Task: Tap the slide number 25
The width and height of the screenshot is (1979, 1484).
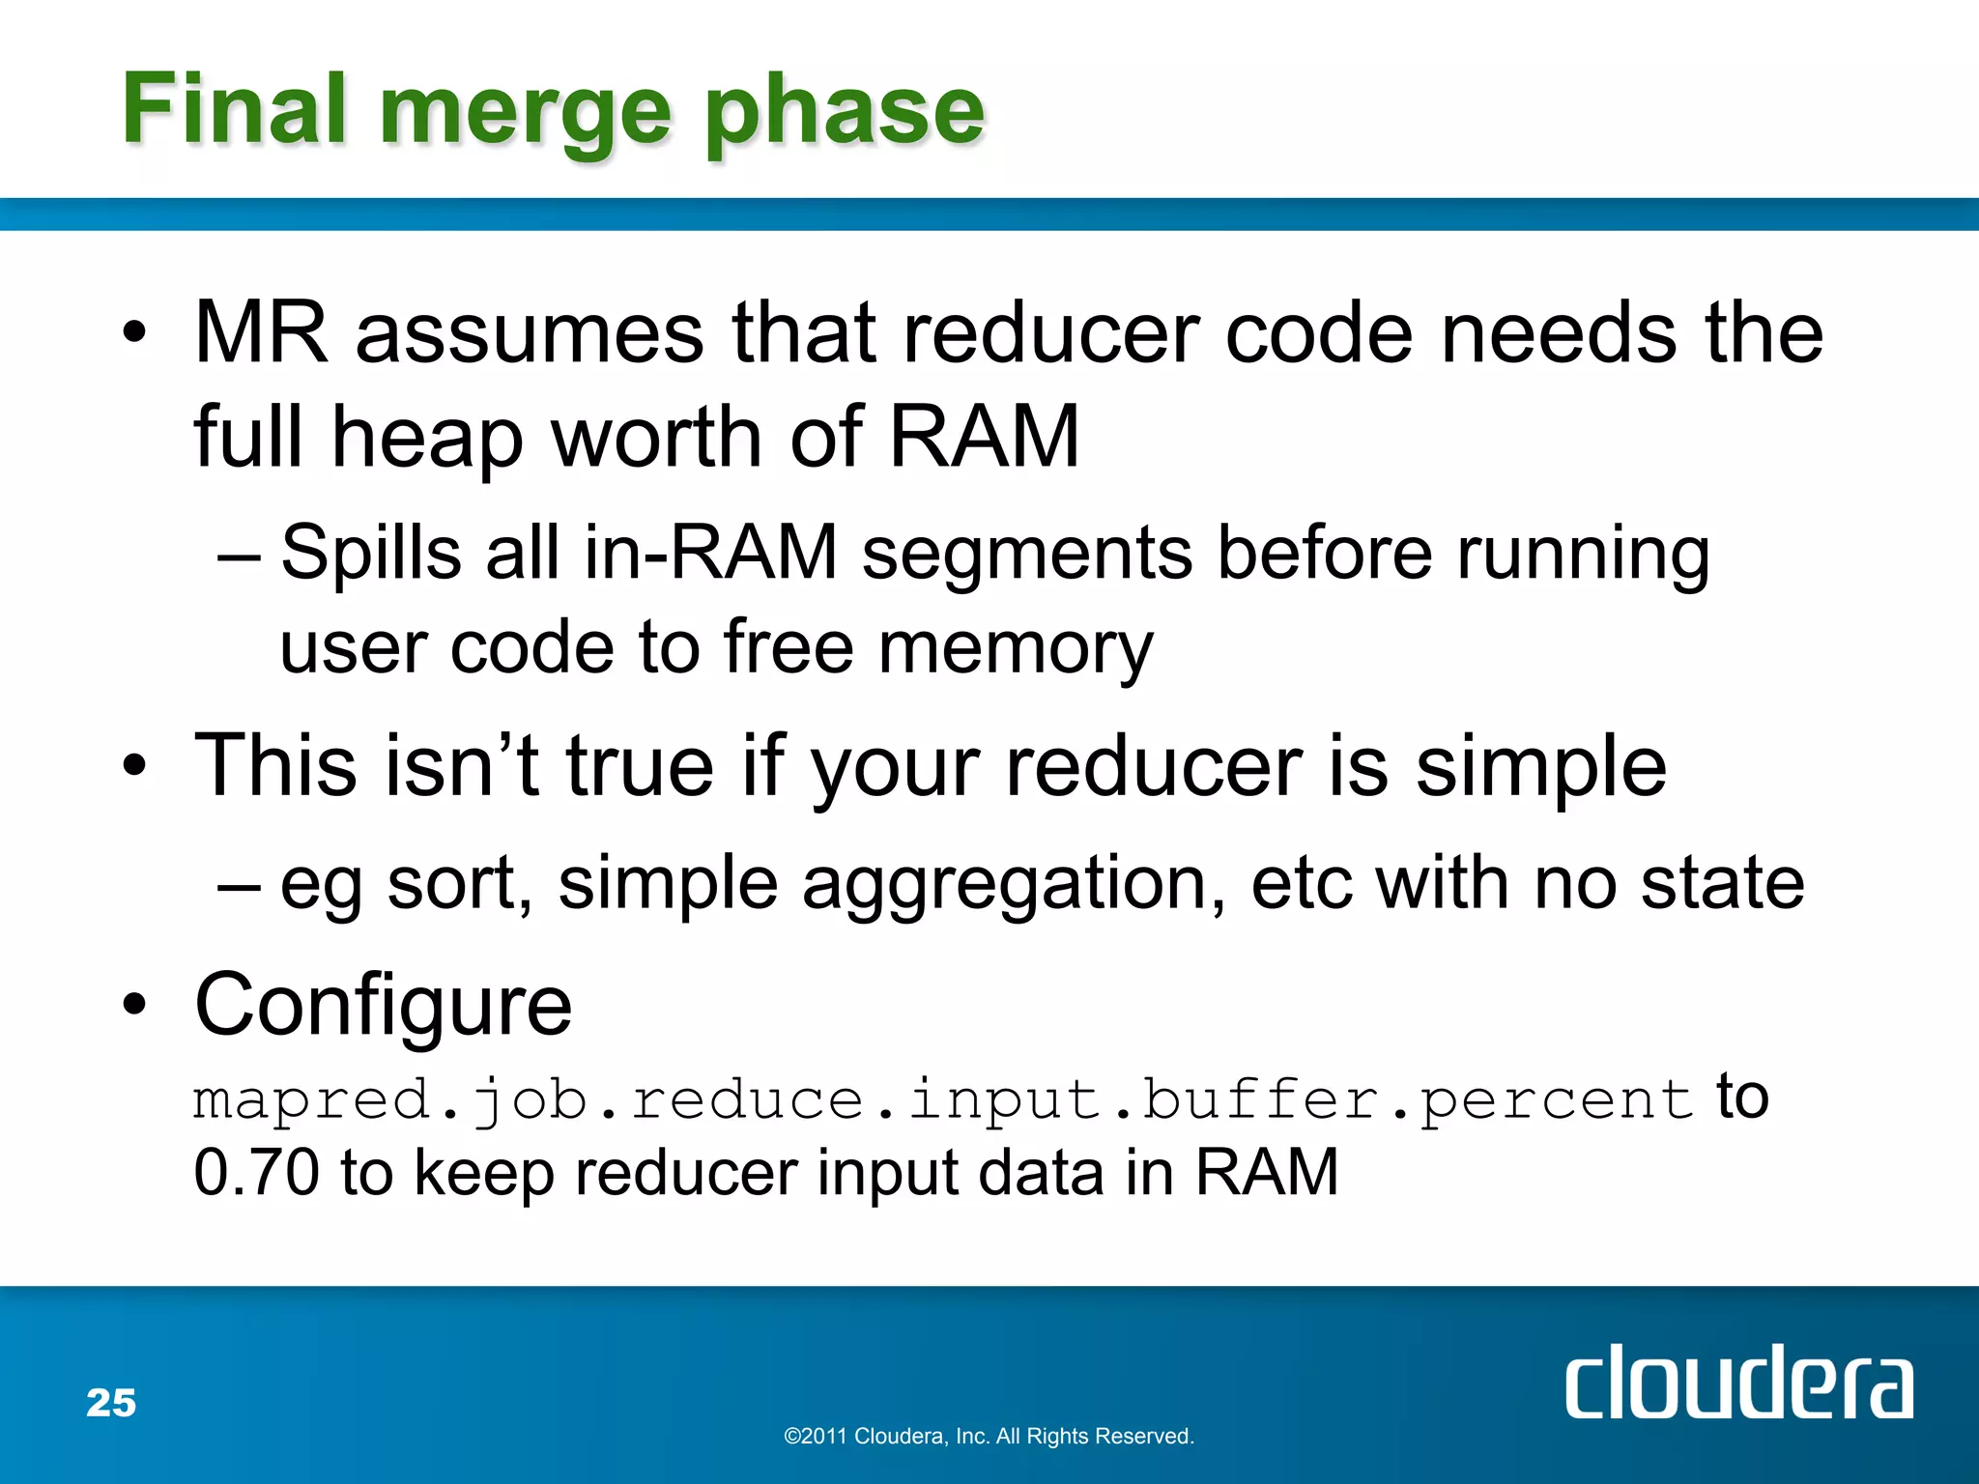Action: [111, 1403]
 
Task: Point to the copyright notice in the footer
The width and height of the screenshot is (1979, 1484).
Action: [989, 1437]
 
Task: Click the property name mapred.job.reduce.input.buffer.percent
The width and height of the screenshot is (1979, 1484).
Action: [942, 1101]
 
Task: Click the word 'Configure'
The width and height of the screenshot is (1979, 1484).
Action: [383, 1005]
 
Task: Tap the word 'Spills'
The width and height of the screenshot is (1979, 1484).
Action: [371, 554]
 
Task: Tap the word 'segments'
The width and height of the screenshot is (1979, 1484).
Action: [1026, 554]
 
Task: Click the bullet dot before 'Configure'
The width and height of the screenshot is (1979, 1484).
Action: [134, 1005]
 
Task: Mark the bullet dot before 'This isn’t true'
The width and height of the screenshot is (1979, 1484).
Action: [134, 767]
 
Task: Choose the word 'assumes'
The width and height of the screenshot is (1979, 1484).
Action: [529, 333]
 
